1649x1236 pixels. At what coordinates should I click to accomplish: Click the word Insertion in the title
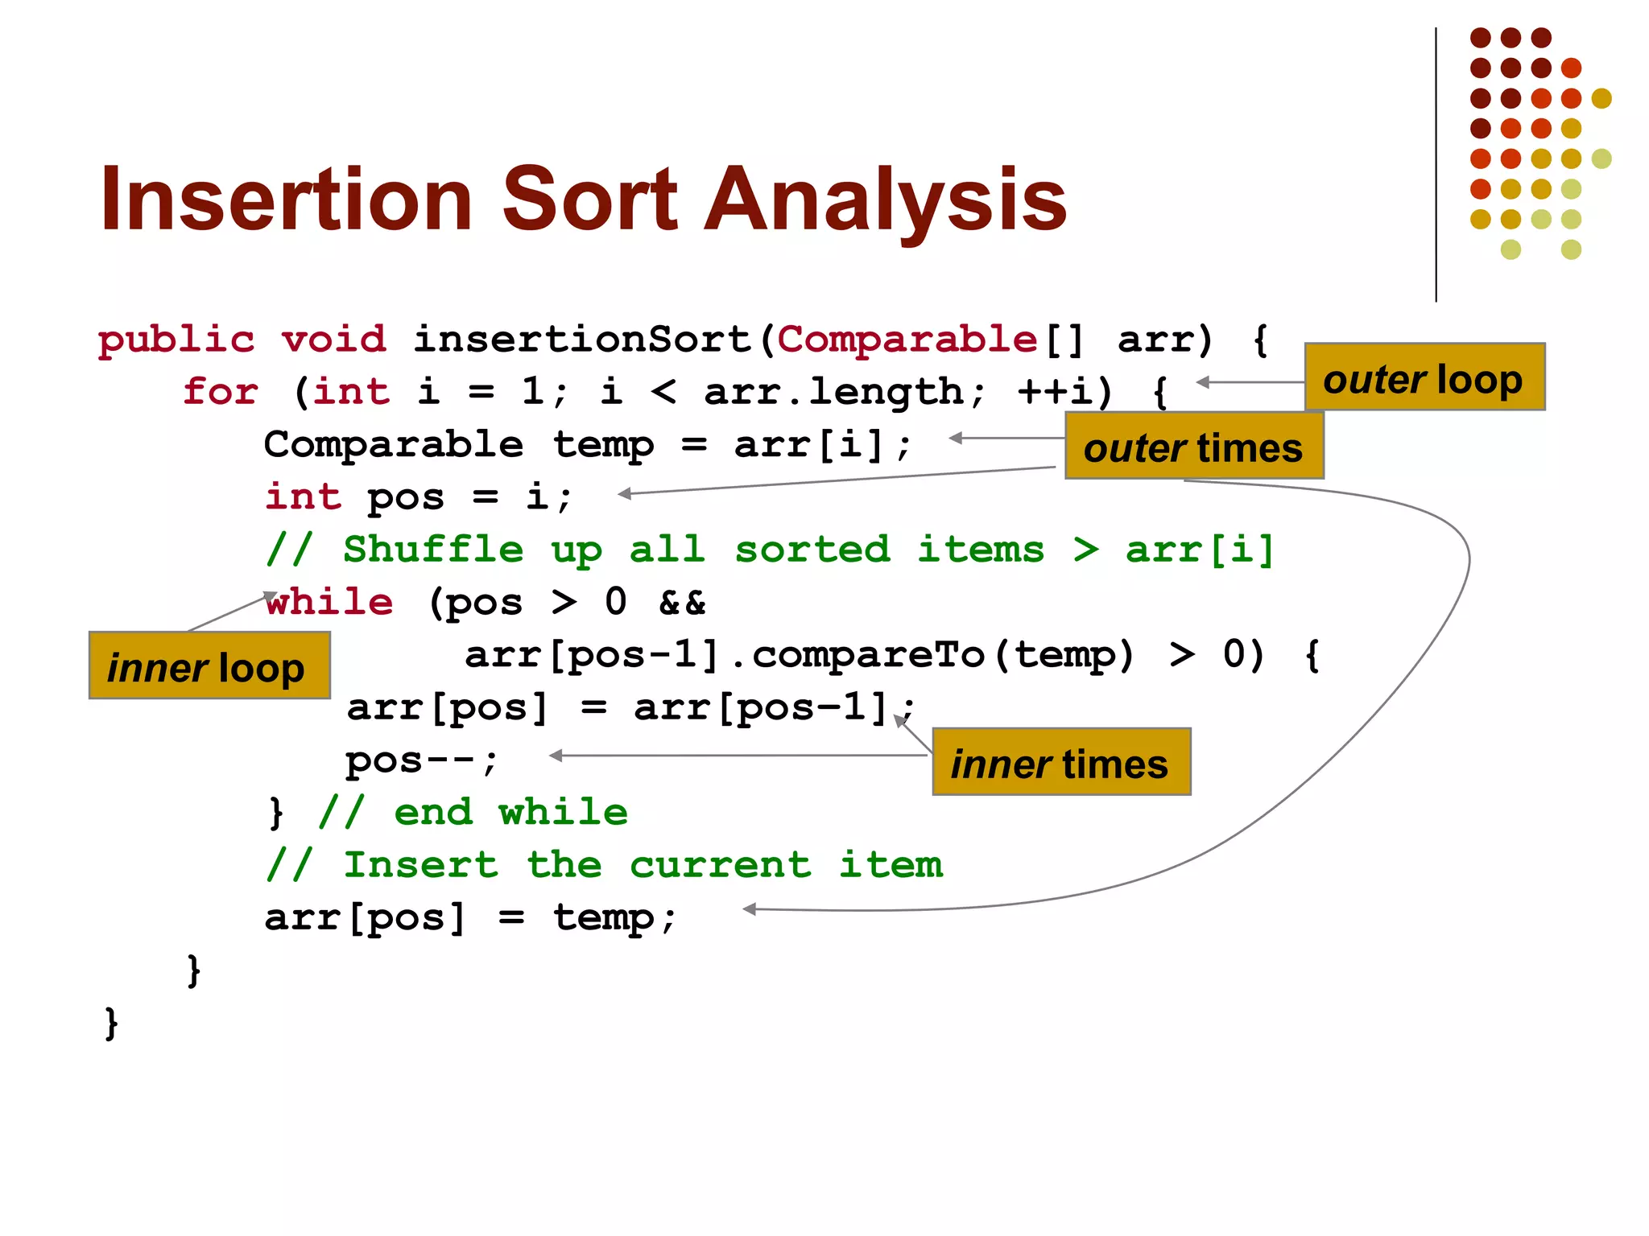pos(286,199)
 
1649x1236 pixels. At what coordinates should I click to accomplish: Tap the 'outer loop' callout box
pos(1424,377)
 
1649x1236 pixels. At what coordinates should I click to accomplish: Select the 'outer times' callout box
pos(1193,447)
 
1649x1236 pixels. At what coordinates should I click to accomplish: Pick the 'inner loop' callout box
pos(209,665)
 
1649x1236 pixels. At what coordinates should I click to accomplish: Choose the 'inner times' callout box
pos(1060,762)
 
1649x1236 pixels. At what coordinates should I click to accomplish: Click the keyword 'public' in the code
pos(176,340)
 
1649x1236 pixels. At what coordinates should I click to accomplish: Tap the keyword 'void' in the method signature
pos(333,340)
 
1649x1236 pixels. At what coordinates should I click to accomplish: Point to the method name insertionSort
pos(581,340)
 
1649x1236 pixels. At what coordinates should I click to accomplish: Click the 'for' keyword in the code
pos(220,392)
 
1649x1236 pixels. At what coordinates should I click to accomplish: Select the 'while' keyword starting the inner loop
pos(330,602)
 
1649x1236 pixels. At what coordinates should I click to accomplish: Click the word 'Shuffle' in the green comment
pos(433,550)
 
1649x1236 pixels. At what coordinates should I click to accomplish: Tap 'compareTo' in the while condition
pos(868,654)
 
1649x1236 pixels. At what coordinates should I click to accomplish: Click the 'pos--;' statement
pos(421,760)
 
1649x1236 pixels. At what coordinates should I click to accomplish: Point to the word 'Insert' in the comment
pos(420,865)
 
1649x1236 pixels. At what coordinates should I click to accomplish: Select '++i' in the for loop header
pos(1055,392)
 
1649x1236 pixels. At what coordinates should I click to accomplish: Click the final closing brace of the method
pos(112,1023)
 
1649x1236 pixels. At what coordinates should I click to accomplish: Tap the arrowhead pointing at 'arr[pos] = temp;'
pos(750,909)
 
